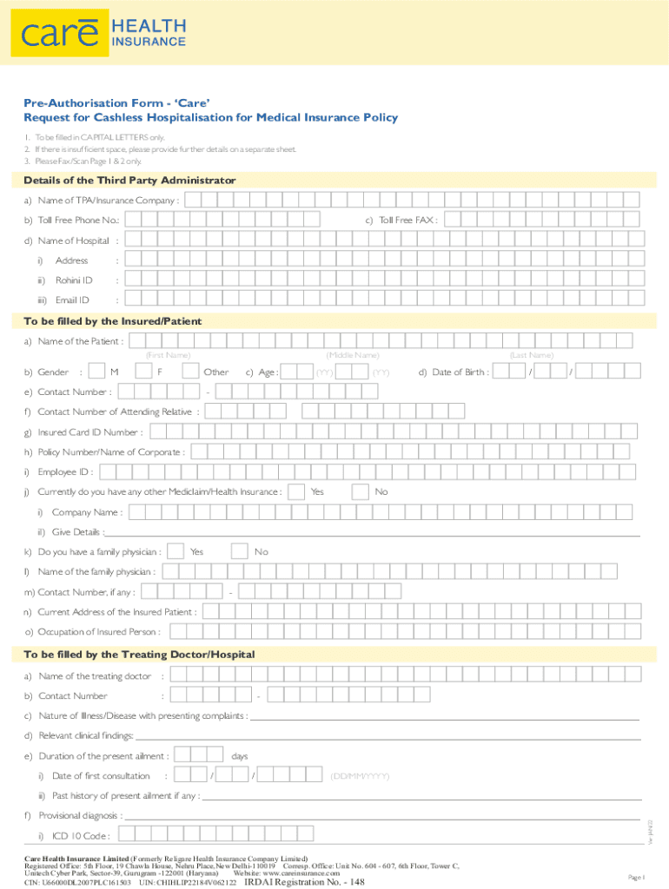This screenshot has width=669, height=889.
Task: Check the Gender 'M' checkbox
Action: (98, 372)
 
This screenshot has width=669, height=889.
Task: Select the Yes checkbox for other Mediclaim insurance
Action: (295, 492)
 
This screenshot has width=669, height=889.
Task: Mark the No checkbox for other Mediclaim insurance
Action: (360, 492)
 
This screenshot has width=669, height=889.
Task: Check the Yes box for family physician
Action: (176, 551)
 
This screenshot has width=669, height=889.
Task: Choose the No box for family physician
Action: (240, 551)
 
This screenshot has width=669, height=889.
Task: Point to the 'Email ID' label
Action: (72, 300)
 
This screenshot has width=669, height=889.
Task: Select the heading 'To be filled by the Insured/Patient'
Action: (112, 321)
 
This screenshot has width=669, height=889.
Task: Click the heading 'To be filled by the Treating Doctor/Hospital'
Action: (139, 654)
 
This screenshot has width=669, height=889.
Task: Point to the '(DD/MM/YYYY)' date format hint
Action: (360, 776)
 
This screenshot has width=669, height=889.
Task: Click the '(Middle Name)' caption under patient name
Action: (352, 356)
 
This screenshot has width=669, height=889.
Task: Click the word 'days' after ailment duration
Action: (241, 756)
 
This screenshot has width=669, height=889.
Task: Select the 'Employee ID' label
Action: (63, 472)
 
